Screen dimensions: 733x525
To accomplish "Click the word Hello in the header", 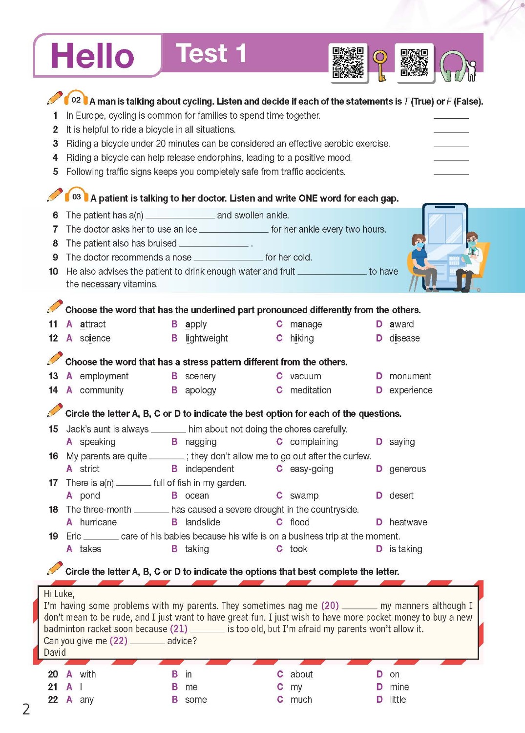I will tap(92, 55).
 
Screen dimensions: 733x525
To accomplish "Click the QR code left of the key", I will tap(348, 62).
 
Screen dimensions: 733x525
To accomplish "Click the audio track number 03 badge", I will tap(76, 196).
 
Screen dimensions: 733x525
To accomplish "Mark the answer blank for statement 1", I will tap(451, 116).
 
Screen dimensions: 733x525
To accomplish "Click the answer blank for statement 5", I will tap(451, 172).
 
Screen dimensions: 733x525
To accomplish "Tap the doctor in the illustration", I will tap(470, 259).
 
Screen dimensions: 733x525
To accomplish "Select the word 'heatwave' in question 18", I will tap(408, 522).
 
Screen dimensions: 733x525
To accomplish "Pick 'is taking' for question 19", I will tap(405, 549).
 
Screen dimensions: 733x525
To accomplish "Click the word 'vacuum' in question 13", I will tap(305, 376).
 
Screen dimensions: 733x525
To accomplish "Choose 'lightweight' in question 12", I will tap(206, 338).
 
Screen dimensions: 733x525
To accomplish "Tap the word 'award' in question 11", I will tap(401, 324).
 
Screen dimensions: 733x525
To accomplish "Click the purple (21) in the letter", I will tap(178, 629).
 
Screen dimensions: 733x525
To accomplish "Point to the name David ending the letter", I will tap(55, 652).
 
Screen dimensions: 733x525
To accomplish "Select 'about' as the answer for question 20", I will tap(301, 674).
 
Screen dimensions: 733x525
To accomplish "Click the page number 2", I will tap(26, 709).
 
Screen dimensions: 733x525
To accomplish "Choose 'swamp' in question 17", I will tap(304, 496).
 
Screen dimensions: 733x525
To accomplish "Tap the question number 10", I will tap(53, 271).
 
